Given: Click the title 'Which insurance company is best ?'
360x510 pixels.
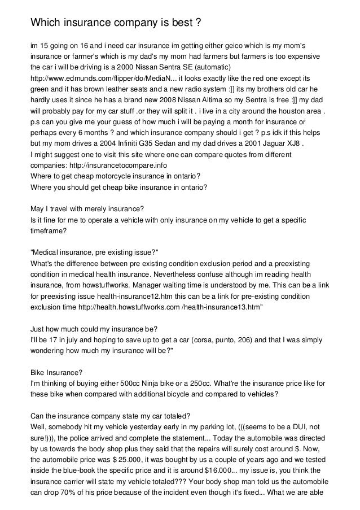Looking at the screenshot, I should [x=116, y=23].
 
